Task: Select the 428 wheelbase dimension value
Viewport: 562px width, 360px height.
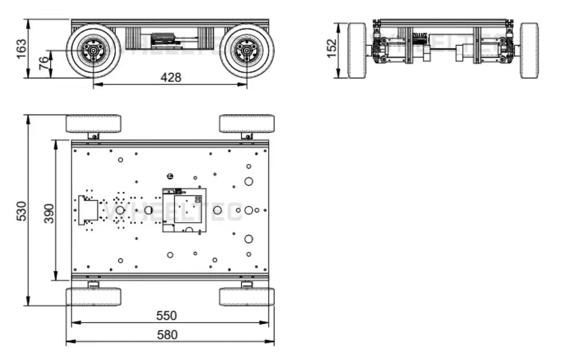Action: (x=171, y=77)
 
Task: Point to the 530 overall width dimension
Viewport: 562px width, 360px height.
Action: (x=21, y=211)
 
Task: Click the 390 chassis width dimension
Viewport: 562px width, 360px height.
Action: (x=49, y=212)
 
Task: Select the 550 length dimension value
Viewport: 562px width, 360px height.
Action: (x=167, y=315)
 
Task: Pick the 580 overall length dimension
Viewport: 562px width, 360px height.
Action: (x=167, y=334)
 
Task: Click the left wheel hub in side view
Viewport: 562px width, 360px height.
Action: (x=93, y=51)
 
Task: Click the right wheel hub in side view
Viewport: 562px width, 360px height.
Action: (x=247, y=51)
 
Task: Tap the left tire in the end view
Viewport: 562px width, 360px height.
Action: (x=357, y=50)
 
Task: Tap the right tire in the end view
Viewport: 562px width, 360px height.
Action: (x=529, y=50)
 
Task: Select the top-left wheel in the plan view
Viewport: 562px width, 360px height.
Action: (x=93, y=124)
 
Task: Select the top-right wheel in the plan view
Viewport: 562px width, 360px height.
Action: (x=247, y=124)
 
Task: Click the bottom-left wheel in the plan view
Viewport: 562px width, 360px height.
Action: (x=93, y=296)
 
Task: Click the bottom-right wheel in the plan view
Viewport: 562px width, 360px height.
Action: (x=247, y=296)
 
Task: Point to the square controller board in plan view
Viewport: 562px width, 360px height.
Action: (x=185, y=210)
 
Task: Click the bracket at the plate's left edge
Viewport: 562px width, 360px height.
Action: (x=88, y=210)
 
